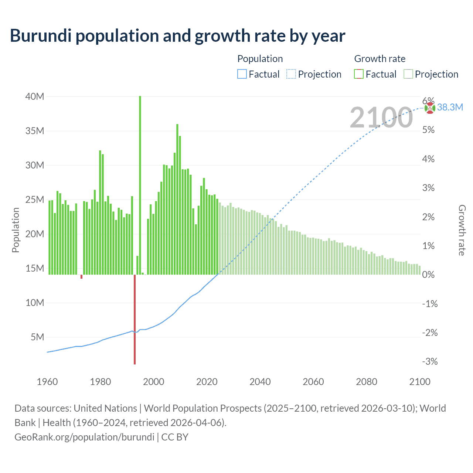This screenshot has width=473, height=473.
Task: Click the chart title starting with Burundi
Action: (x=177, y=35)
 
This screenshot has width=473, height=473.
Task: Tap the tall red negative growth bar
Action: (x=135, y=320)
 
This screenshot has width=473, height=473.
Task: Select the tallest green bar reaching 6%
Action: (x=140, y=185)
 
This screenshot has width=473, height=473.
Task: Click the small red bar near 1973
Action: (x=81, y=277)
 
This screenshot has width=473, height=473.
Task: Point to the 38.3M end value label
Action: (x=450, y=108)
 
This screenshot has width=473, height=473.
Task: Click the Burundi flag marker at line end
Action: (x=430, y=108)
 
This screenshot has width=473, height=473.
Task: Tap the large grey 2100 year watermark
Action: (x=381, y=118)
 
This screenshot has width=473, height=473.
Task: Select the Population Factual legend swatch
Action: (x=242, y=74)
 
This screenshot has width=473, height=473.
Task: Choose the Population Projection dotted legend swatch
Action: (x=291, y=74)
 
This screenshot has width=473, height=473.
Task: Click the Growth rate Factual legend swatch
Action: (x=359, y=74)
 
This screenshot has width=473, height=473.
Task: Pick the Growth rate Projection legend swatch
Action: (x=408, y=74)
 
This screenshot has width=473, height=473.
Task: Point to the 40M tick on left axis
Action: (x=35, y=96)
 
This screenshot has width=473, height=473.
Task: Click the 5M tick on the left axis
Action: (x=37, y=337)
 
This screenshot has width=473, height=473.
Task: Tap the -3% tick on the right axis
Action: (x=430, y=361)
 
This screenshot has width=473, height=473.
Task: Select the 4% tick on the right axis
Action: (x=428, y=159)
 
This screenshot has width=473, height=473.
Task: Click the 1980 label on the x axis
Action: (x=101, y=382)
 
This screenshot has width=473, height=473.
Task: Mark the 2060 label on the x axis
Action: (x=313, y=382)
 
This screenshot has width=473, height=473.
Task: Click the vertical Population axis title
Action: (x=16, y=230)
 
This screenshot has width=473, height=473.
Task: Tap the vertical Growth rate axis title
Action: (x=462, y=230)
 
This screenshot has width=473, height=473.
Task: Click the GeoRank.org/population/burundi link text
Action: (x=84, y=437)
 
